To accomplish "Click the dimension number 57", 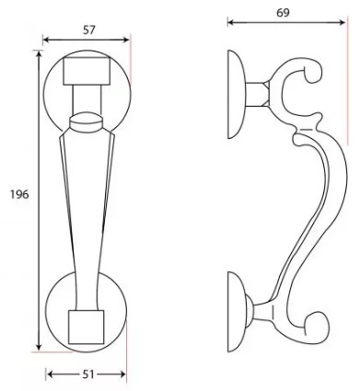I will (x=88, y=30).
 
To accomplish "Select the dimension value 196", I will (x=17, y=194).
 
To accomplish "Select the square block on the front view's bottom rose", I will (x=87, y=324).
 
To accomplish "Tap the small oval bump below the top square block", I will (x=87, y=118).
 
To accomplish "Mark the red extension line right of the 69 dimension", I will (x=347, y=92).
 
